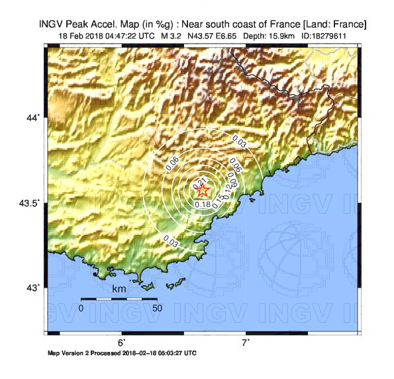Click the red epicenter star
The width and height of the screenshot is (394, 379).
(203, 190)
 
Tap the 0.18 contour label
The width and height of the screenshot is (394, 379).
(202, 205)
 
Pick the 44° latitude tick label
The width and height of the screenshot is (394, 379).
(33, 118)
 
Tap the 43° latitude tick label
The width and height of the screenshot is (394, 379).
(33, 288)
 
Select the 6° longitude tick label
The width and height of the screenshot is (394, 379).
(122, 343)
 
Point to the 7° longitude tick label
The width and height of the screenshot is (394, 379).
(245, 343)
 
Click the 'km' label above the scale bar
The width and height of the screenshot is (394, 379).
(119, 290)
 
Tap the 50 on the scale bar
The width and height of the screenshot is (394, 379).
(157, 308)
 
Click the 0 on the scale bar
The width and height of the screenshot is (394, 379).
(81, 308)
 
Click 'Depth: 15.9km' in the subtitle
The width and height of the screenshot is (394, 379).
(264, 35)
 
